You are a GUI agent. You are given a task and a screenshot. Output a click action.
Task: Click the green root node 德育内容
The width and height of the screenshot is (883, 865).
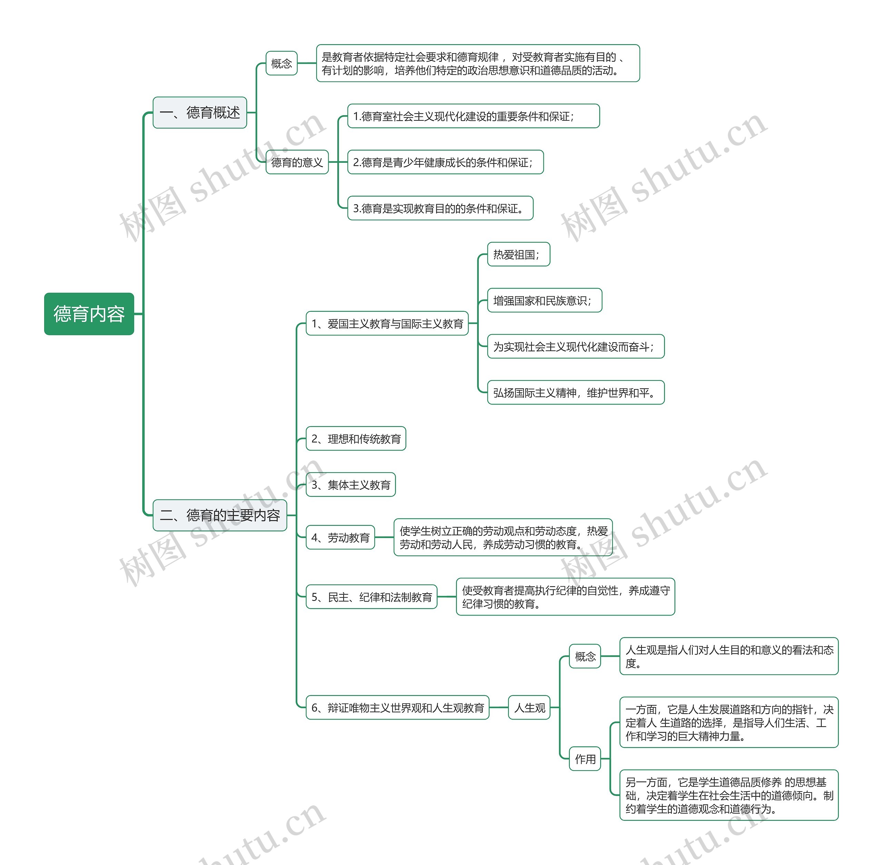coord(89,314)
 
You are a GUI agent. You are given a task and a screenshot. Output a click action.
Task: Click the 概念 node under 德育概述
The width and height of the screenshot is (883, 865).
coord(281,63)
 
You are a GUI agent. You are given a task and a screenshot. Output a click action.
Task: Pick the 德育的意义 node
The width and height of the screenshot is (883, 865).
coord(297,162)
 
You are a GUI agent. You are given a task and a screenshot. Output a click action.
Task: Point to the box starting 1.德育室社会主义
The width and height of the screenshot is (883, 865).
coord(473,116)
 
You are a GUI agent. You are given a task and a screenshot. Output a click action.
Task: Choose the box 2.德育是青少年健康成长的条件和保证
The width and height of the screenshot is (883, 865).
coord(445,162)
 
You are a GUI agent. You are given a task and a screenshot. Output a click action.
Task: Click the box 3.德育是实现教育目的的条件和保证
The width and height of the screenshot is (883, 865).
coord(440,209)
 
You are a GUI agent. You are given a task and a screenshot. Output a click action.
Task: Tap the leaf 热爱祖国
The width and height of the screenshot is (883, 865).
coord(518,255)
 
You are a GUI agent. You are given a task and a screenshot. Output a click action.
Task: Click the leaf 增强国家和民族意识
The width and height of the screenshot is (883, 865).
coord(544,300)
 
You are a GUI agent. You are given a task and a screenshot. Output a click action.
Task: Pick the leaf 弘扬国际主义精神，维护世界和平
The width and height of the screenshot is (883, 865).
coord(575,392)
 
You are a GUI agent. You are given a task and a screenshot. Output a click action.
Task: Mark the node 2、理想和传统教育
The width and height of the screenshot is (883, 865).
coord(356,439)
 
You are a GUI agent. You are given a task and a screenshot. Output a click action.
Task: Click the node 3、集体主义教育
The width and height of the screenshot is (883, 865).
coord(350,485)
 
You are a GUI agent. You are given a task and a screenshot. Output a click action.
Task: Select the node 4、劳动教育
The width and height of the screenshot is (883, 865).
coord(340,537)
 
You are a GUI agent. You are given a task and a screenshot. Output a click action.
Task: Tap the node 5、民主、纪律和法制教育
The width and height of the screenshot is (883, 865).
coord(371,597)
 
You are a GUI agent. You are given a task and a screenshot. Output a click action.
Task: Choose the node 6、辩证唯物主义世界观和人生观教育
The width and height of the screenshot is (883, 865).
coord(397,708)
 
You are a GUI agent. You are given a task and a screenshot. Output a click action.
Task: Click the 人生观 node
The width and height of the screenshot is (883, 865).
coord(529,708)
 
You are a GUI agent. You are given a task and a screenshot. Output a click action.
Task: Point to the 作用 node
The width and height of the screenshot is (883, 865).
coord(585,759)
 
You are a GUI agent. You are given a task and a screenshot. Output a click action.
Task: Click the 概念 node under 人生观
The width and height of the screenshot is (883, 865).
coord(585,656)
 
